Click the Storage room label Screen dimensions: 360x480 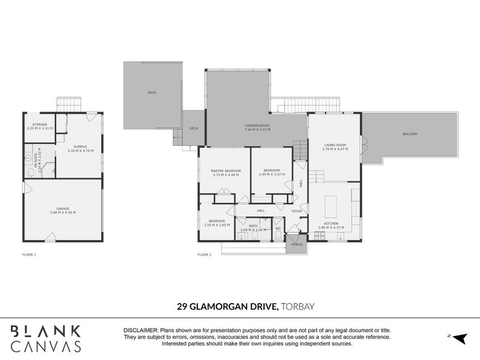(40, 125)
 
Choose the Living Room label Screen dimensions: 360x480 (334, 145)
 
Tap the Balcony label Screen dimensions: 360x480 (410, 133)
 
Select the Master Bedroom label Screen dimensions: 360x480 (226, 171)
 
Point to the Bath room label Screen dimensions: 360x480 (253, 226)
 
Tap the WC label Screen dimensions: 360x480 (278, 228)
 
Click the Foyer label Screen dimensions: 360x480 (296, 211)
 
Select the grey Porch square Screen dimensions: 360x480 (296, 245)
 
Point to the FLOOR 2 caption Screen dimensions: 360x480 (205, 254)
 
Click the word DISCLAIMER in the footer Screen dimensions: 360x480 (140, 331)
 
